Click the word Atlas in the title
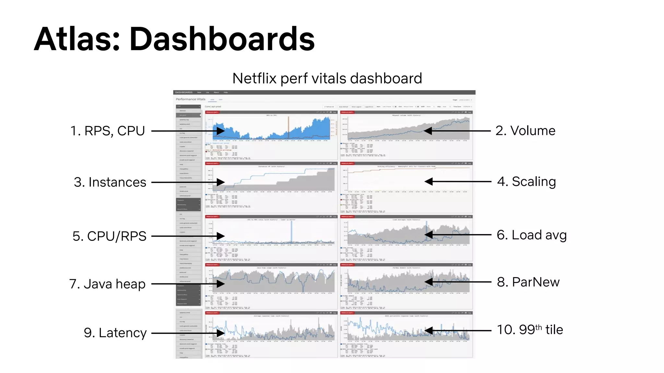pyautogui.click(x=77, y=40)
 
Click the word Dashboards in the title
pyautogui.click(x=222, y=40)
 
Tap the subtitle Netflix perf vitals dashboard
pyautogui.click(x=327, y=78)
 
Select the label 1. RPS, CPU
pyautogui.click(x=108, y=131)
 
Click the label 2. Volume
pyautogui.click(x=525, y=130)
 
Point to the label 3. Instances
pyautogui.click(x=110, y=182)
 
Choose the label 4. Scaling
pyautogui.click(x=527, y=181)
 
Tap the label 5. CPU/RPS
pyautogui.click(x=109, y=236)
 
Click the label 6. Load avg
pyautogui.click(x=531, y=235)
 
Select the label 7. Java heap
pyautogui.click(x=107, y=284)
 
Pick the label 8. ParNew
pyautogui.click(x=528, y=282)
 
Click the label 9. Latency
pyautogui.click(x=115, y=333)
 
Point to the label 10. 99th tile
pyautogui.click(x=530, y=330)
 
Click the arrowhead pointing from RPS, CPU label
pyautogui.click(x=221, y=131)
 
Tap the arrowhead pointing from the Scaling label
pyautogui.click(x=429, y=182)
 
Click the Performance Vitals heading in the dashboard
pyautogui.click(x=191, y=99)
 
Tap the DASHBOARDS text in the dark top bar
pyautogui.click(x=184, y=92)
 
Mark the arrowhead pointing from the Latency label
pyautogui.click(x=221, y=333)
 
